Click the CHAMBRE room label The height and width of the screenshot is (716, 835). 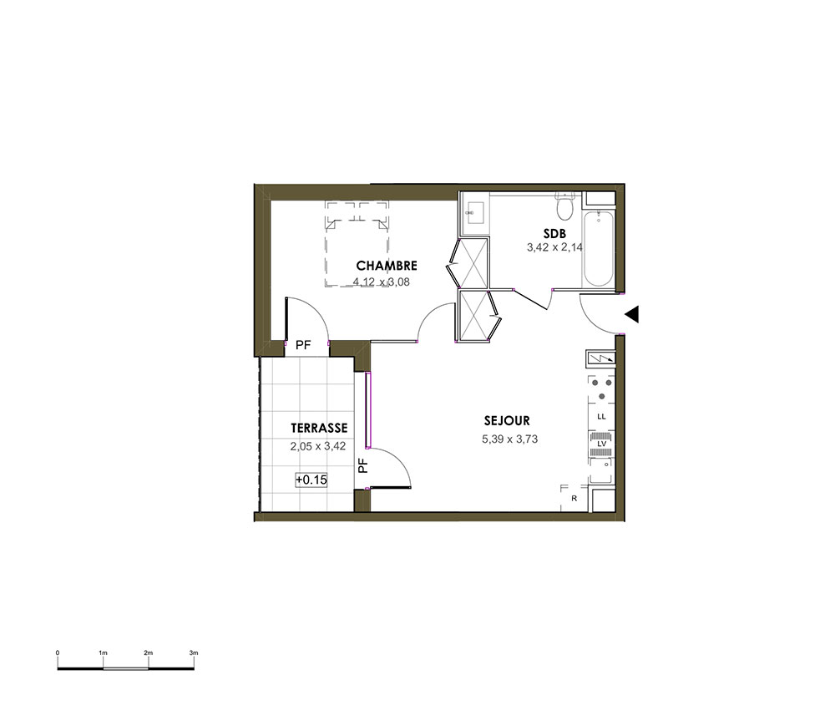(387, 266)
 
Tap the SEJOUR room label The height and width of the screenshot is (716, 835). (507, 421)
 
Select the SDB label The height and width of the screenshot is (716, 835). (555, 233)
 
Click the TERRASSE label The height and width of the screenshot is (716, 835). (319, 428)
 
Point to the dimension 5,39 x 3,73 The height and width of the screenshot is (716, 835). (509, 439)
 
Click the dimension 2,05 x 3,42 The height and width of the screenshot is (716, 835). (318, 446)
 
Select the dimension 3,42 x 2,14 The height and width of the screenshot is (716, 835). (555, 247)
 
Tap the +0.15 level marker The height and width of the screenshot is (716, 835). (311, 480)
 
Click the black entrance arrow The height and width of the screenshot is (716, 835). (631, 315)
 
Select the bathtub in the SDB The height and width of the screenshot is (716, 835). (598, 248)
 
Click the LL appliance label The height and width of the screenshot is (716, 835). (602, 417)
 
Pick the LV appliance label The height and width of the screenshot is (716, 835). (602, 444)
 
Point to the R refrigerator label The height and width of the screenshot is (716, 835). (574, 499)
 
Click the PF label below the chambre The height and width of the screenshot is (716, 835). (303, 345)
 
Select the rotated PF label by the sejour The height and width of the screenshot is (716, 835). (362, 466)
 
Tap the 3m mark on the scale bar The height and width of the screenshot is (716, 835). (194, 653)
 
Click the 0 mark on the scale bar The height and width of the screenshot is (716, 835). (58, 653)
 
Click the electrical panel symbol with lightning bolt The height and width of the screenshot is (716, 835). (600, 358)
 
